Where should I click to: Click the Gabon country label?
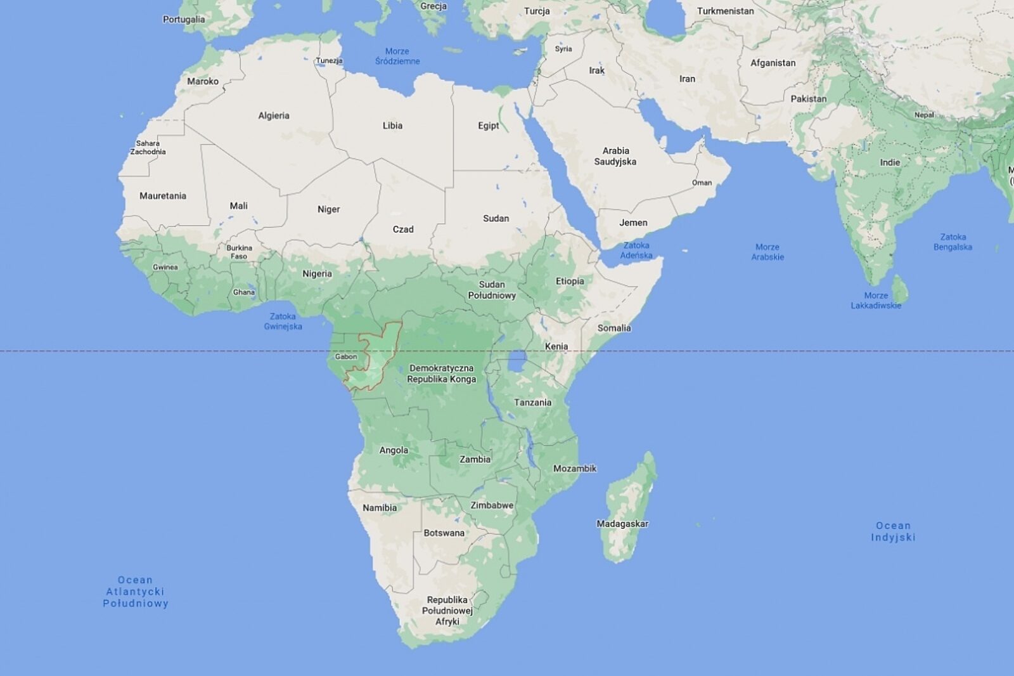[x=346, y=356]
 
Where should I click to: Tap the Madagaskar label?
[x=622, y=524]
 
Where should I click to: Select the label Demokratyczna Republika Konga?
[x=442, y=374]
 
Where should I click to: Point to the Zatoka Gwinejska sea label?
[x=283, y=322]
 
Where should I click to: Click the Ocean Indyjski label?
[x=893, y=531]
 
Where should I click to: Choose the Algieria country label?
[x=274, y=115]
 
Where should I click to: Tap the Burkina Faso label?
[x=239, y=252]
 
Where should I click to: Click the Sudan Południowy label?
[x=492, y=290]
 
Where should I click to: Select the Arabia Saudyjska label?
[x=615, y=156]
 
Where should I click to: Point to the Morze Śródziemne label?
[x=397, y=56]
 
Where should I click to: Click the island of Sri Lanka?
[x=900, y=289]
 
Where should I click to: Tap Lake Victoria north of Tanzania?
[x=518, y=363]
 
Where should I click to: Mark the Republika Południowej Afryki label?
[x=447, y=610]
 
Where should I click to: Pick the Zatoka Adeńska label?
[x=636, y=250]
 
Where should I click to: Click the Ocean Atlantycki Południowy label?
[x=136, y=592]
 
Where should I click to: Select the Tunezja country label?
[x=330, y=61]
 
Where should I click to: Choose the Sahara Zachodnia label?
[x=148, y=148]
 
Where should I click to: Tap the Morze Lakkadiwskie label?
[x=876, y=301]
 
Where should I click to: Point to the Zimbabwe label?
[x=492, y=505]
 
